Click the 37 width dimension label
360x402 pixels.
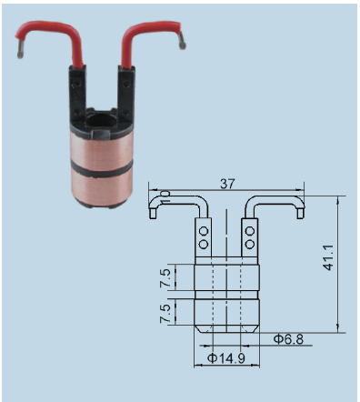pos(227,184)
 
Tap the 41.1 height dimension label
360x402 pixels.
pos(328,257)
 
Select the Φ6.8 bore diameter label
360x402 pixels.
pos(288,339)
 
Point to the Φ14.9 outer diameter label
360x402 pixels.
pos(226,358)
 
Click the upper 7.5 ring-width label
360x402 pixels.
pos(165,278)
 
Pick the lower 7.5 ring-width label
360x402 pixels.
pos(165,314)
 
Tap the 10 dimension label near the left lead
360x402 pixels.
pos(165,196)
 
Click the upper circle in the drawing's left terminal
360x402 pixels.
pos(204,232)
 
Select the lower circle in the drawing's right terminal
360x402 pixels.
pos(250,244)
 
